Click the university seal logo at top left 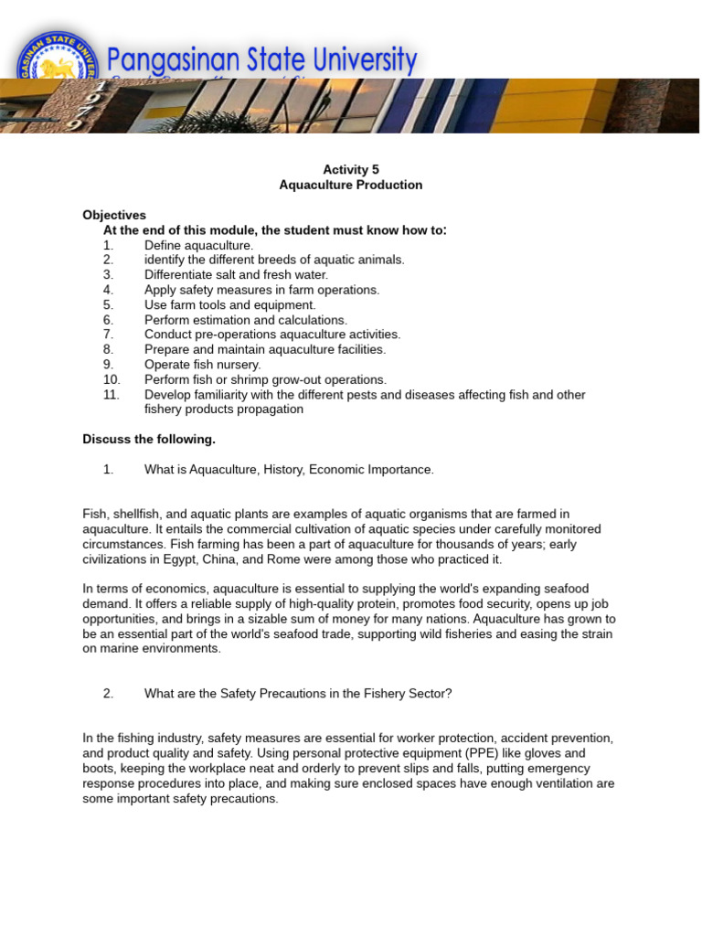tap(57, 66)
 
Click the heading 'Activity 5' tap(351, 169)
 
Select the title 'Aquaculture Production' tap(351, 185)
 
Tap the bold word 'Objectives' tap(114, 215)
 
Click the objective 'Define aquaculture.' tap(198, 245)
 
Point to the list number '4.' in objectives tap(109, 290)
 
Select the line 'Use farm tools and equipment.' tap(229, 304)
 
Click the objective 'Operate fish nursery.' tap(202, 364)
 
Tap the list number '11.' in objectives tap(112, 394)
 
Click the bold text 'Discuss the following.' tap(149, 439)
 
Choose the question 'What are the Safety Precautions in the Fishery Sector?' tap(298, 693)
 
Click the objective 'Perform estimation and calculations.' tap(246, 320)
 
